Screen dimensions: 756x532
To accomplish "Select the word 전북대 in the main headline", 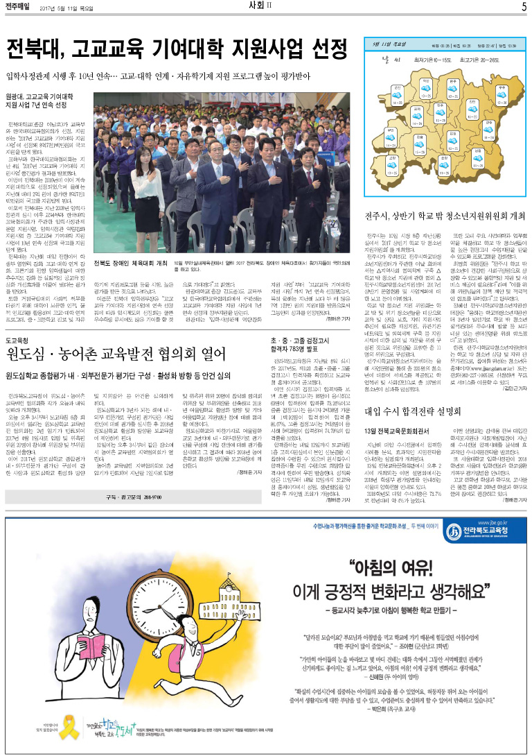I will [35, 50].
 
